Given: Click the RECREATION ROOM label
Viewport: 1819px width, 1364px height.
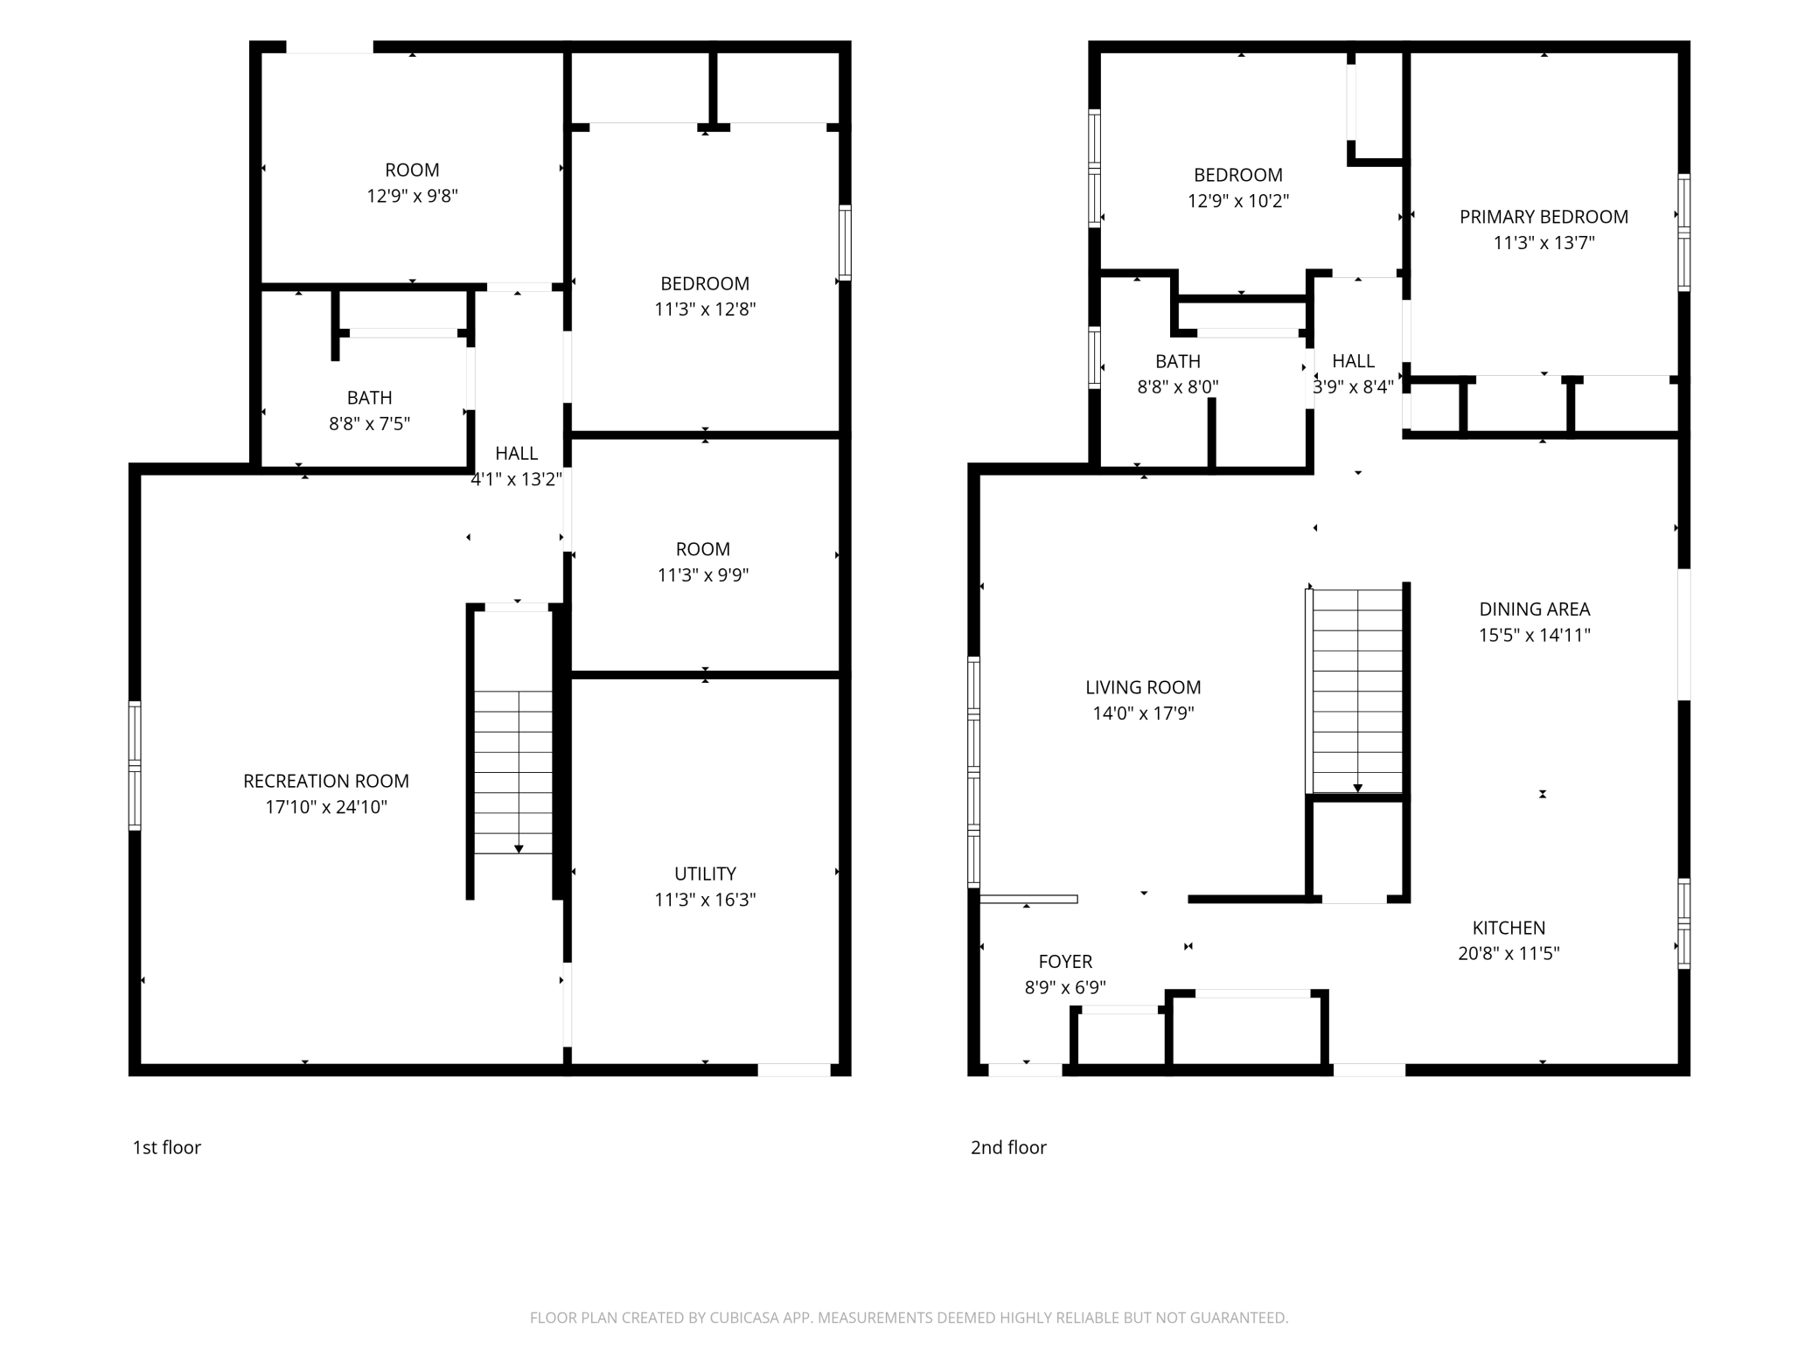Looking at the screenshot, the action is [x=326, y=781].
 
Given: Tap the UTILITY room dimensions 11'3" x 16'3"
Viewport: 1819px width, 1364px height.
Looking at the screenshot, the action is [x=705, y=900].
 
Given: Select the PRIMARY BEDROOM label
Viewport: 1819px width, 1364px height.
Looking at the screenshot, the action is [x=1544, y=217].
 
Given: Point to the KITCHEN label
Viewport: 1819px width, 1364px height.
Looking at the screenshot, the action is [x=1509, y=928].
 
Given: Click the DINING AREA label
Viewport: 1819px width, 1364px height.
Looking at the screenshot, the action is [x=1535, y=609].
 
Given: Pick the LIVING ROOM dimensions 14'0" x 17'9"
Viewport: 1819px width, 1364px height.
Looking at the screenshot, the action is [x=1143, y=713].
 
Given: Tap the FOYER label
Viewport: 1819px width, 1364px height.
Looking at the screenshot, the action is [x=1065, y=962].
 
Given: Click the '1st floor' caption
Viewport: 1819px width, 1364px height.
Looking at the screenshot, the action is [x=166, y=1147].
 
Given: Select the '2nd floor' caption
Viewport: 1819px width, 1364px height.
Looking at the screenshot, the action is [x=1008, y=1147].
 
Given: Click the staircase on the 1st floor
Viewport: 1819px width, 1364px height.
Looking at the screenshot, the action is [x=513, y=772].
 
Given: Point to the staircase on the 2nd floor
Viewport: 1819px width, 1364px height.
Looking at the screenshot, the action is [x=1357, y=691].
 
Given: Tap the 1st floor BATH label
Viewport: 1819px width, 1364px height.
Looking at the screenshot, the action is [x=369, y=398].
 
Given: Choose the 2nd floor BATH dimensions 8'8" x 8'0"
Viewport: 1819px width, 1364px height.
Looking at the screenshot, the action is [x=1178, y=386].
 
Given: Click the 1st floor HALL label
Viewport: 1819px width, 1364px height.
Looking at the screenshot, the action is [x=516, y=453].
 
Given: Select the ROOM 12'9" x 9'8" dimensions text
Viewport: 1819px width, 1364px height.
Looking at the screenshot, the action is [x=412, y=196].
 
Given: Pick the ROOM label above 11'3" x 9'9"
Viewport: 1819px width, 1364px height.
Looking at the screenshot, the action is [x=703, y=549].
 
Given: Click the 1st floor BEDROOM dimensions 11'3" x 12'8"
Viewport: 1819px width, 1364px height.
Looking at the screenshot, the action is [x=705, y=310].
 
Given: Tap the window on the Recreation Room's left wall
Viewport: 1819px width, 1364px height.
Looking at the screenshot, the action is [x=135, y=765].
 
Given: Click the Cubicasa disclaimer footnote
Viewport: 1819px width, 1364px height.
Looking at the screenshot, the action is [x=909, y=1318].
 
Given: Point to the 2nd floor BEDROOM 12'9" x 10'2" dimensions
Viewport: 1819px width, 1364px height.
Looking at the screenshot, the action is [x=1238, y=201].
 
